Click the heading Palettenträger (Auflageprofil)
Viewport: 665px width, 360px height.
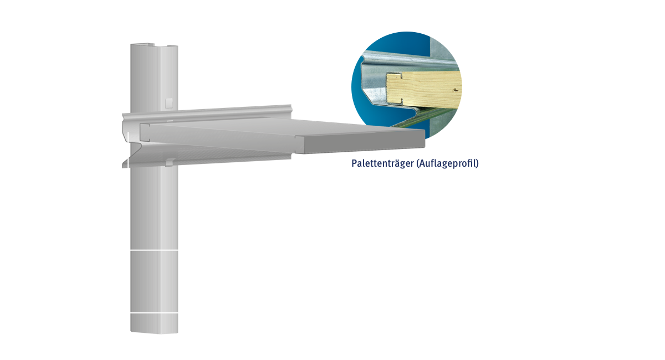[415, 164]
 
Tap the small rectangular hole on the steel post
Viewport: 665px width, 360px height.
[169, 103]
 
